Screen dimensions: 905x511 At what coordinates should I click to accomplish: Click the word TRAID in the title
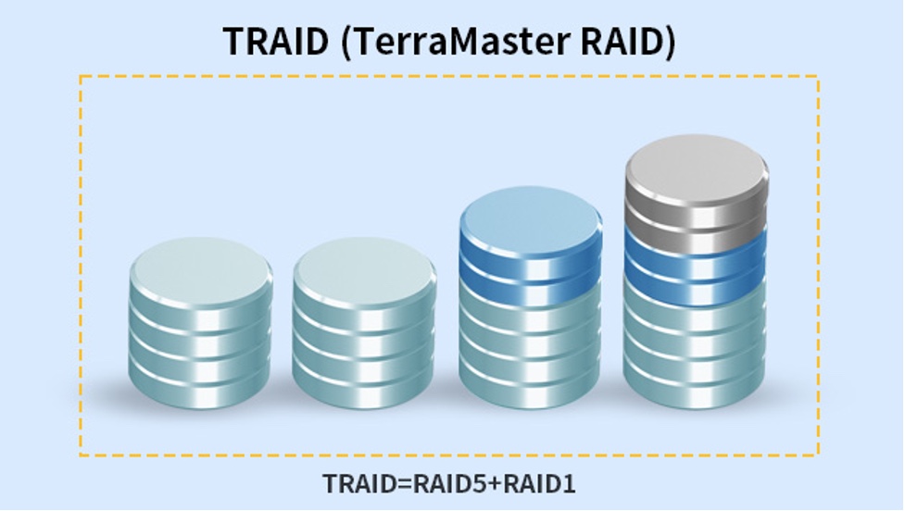[x=275, y=41]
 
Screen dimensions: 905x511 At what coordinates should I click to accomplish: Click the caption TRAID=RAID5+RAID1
[x=449, y=483]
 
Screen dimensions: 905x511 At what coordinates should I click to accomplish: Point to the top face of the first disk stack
[x=200, y=269]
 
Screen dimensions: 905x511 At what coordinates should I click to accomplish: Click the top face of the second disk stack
[x=364, y=269]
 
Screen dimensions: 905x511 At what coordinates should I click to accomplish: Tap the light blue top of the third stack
[x=531, y=219]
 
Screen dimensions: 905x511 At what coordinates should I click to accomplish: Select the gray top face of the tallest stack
[x=696, y=168]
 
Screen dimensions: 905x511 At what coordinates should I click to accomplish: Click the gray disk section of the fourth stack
[x=696, y=195]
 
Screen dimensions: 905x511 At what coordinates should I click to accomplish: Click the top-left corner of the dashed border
[x=81, y=76]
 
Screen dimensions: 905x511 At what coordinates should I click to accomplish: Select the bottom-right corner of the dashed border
[x=818, y=455]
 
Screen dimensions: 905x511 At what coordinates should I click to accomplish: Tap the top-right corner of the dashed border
[x=818, y=76]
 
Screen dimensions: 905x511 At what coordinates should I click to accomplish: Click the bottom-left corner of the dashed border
[x=81, y=455]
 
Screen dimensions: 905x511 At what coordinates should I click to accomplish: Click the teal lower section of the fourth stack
[x=696, y=352]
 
